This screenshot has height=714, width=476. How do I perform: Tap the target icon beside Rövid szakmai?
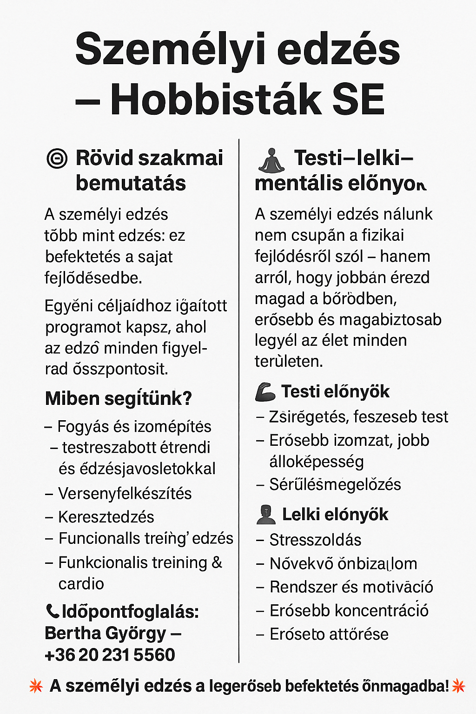(57, 159)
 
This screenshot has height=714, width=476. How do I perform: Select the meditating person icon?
(271, 161)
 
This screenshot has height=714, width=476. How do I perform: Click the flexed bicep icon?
(265, 392)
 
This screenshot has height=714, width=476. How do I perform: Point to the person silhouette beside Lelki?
(266, 515)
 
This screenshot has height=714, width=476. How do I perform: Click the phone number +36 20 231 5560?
(110, 654)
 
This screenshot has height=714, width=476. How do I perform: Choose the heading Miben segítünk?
(118, 398)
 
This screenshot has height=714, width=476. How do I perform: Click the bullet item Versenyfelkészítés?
(125, 493)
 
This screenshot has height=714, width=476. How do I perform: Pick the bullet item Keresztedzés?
(106, 517)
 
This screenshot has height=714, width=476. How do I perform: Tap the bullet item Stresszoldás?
(315, 540)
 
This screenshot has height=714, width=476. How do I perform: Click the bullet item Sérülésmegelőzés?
(335, 484)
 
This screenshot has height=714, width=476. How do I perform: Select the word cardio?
(81, 584)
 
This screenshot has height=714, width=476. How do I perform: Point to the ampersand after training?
(217, 562)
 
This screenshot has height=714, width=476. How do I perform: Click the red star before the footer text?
(36, 686)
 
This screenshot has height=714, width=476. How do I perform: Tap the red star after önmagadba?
(458, 686)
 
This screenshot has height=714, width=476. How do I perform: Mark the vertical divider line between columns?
(239, 400)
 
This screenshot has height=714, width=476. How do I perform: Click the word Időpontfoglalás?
(130, 612)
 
